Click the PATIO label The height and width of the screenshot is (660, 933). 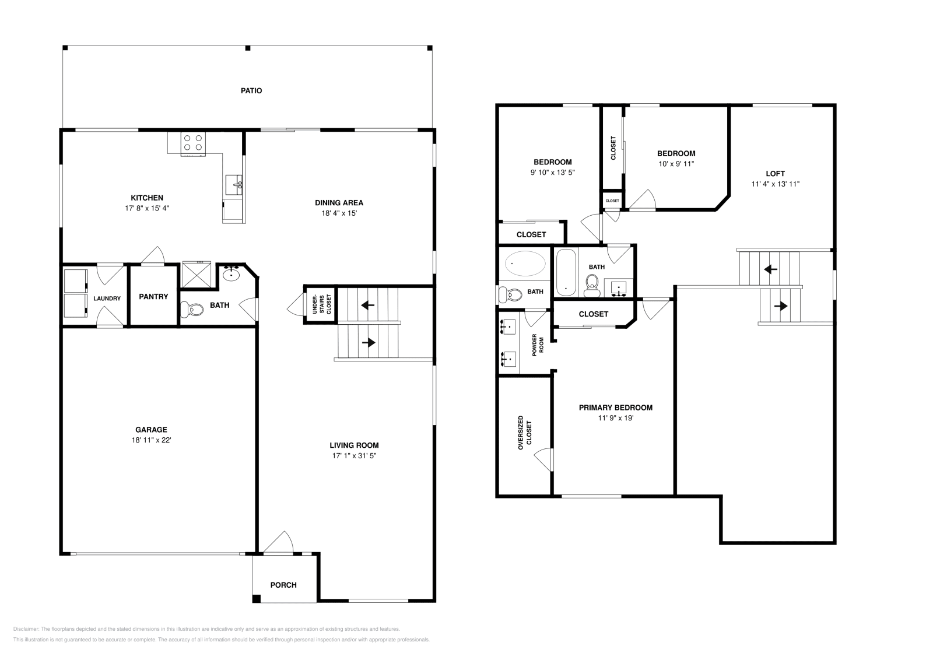point(251,91)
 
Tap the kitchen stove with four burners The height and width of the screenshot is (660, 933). point(193,143)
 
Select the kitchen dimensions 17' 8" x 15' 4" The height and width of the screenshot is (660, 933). point(147,208)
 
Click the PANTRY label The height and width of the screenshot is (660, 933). point(153,297)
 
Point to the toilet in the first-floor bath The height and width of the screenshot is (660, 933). point(192,310)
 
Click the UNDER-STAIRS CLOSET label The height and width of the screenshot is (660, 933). point(321,304)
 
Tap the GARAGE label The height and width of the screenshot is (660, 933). point(151,430)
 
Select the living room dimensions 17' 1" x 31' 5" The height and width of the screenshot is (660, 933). point(354,455)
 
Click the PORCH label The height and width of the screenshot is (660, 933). point(283,585)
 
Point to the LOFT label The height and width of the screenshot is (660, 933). point(775,174)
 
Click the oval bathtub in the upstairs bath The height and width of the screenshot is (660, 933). point(525,263)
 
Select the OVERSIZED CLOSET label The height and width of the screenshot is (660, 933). point(525,433)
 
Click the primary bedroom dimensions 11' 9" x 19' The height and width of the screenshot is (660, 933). point(616,418)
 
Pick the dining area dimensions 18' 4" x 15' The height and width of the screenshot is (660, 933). point(339,213)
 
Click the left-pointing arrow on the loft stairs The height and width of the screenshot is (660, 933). point(770,269)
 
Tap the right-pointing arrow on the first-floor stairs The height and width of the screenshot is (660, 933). point(369,343)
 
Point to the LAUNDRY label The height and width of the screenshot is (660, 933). point(107,299)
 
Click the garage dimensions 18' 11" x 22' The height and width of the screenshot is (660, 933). point(151,440)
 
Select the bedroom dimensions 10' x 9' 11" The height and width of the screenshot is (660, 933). point(676,164)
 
